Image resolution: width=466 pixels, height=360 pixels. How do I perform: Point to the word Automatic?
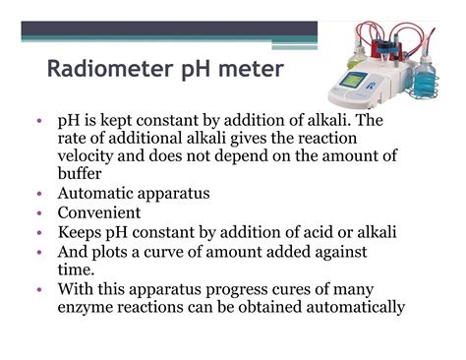pos(97,194)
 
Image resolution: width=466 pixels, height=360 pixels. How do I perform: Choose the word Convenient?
pos(99,212)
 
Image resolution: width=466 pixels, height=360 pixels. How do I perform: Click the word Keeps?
pos(83,231)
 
